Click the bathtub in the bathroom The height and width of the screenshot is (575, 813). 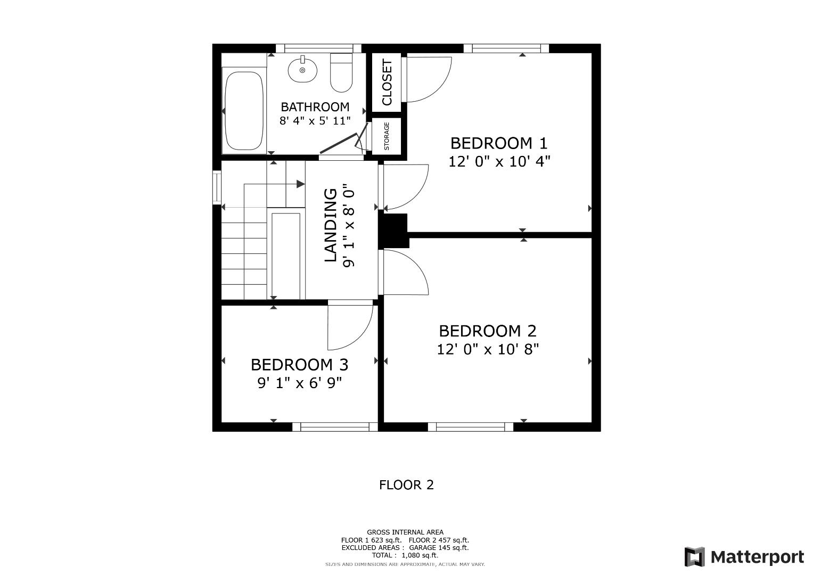pyautogui.click(x=244, y=111)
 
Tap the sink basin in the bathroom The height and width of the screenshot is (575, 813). pyautogui.click(x=302, y=70)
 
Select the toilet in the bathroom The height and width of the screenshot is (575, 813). pyautogui.click(x=341, y=72)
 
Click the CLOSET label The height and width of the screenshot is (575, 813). pyautogui.click(x=387, y=82)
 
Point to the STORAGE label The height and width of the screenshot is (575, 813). pyautogui.click(x=387, y=136)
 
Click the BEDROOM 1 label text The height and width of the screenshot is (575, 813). pyautogui.click(x=498, y=143)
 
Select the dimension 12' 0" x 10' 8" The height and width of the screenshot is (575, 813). pyautogui.click(x=488, y=349)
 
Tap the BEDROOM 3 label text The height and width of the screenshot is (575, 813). pyautogui.click(x=299, y=365)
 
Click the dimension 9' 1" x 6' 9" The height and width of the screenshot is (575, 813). pyautogui.click(x=299, y=383)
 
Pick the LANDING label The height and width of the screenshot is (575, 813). pyautogui.click(x=331, y=225)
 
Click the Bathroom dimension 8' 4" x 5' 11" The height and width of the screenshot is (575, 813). pyautogui.click(x=315, y=121)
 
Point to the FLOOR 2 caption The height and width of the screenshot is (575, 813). pyautogui.click(x=406, y=485)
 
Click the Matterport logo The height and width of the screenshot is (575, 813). pyautogui.click(x=744, y=557)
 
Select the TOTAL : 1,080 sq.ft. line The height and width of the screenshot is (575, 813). pyautogui.click(x=405, y=555)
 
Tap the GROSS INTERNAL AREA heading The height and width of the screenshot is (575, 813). pyautogui.click(x=405, y=532)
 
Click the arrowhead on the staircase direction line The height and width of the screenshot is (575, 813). pyautogui.click(x=301, y=184)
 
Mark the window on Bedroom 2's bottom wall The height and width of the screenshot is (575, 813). pyautogui.click(x=471, y=426)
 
